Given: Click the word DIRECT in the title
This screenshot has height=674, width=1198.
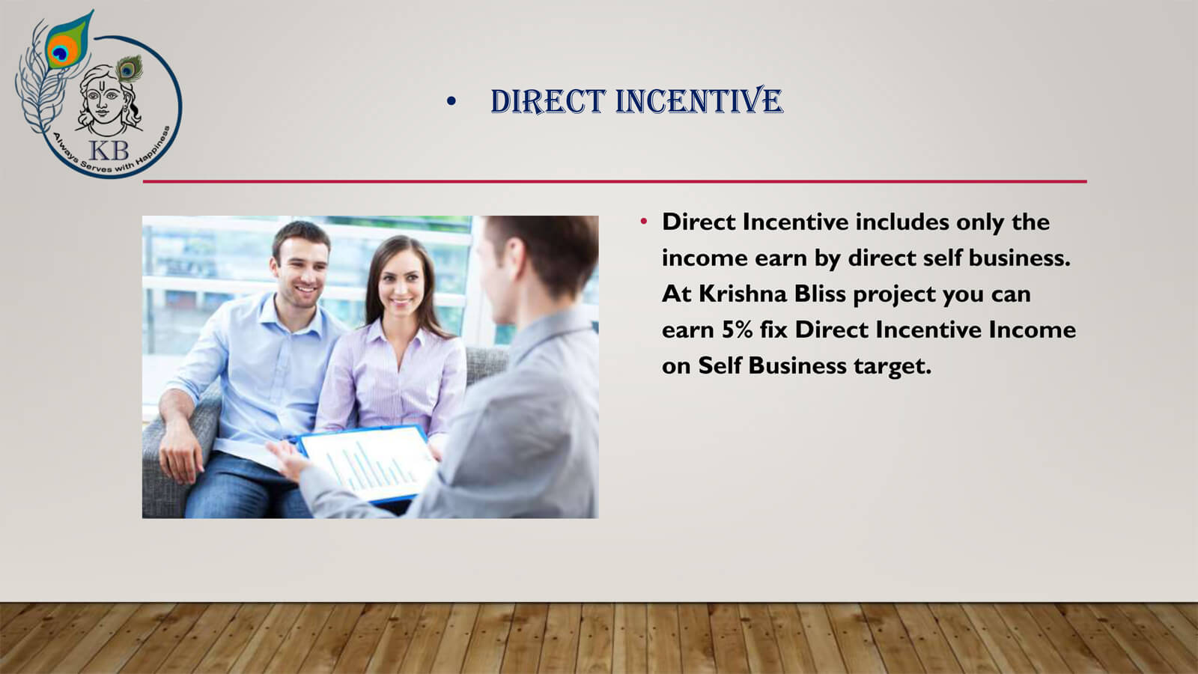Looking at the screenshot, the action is pyautogui.click(x=547, y=101).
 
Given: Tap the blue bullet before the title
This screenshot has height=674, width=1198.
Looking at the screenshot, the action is pyautogui.click(x=451, y=100).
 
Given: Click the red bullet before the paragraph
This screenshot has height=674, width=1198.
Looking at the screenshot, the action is pyautogui.click(x=643, y=221).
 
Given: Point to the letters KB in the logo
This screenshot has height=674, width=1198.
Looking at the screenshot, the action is pyautogui.click(x=109, y=151).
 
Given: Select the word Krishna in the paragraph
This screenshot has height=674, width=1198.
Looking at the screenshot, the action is pyautogui.click(x=742, y=294).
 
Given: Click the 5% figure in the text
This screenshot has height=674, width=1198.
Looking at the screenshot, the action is pyautogui.click(x=737, y=330).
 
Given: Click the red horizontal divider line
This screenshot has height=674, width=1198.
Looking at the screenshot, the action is pyautogui.click(x=615, y=182).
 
